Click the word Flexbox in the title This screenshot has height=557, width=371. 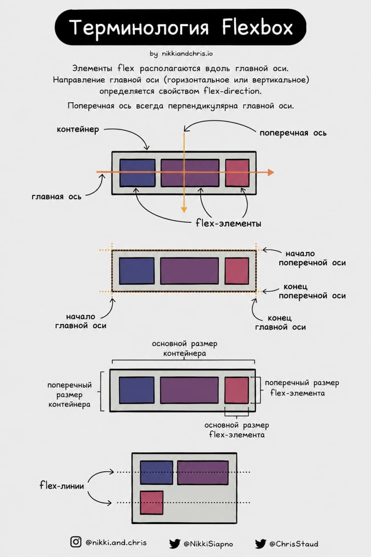tap(257, 27)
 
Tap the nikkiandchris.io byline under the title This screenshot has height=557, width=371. tap(181, 54)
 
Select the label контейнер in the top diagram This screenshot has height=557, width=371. tap(78, 130)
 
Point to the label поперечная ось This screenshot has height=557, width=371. tap(293, 133)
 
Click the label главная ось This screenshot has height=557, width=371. tap(57, 197)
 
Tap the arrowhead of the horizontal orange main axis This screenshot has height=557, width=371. tap(271, 172)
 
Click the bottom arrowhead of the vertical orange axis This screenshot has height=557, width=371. tap(184, 210)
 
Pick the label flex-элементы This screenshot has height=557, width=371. tap(228, 223)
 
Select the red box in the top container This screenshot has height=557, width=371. tap(237, 173)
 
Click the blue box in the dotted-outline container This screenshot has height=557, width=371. tap(137, 271)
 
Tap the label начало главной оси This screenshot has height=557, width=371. tap(81, 321)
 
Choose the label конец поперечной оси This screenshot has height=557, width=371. tap(312, 291)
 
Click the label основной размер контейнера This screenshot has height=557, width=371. tap(185, 349)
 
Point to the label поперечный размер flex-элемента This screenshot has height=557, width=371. tap(302, 388)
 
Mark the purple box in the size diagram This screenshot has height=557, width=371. tap(189, 390)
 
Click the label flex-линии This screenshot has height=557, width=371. tap(62, 485)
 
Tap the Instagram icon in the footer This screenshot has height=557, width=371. tap(76, 541)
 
